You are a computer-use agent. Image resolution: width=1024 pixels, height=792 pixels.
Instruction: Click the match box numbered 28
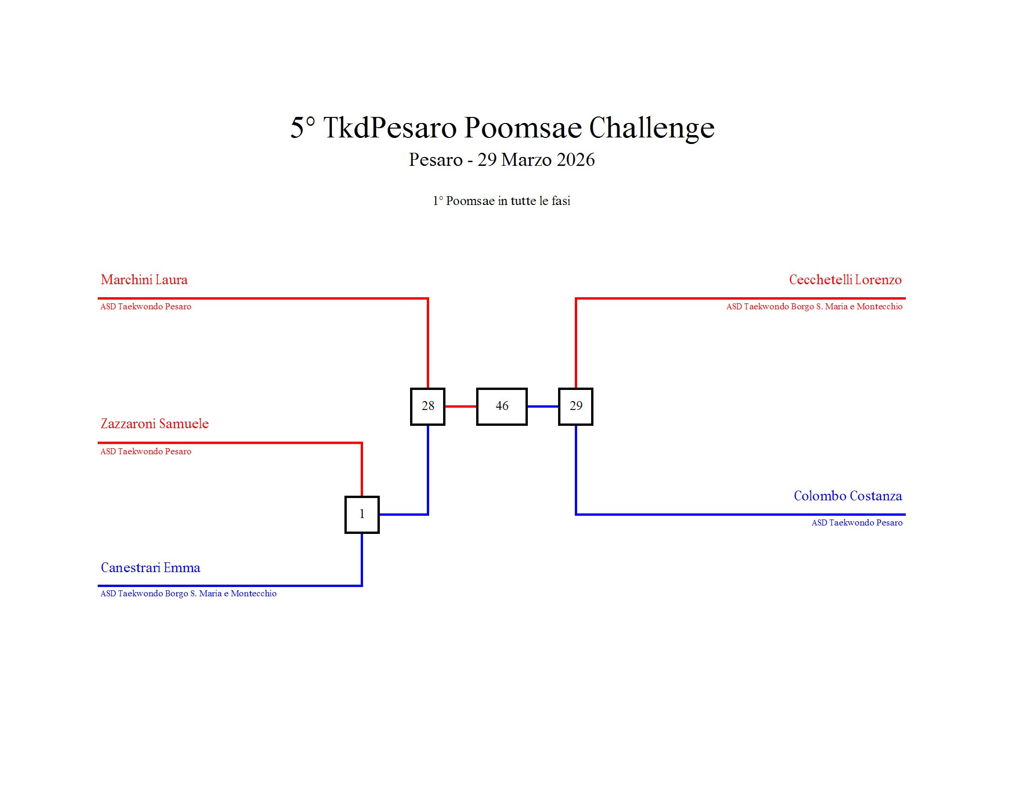[428, 406]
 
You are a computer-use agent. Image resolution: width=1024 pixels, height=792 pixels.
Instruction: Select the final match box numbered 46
[502, 406]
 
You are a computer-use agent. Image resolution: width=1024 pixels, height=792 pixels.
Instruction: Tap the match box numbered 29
[576, 406]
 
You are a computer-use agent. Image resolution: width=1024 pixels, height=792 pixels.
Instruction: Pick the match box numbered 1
[362, 515]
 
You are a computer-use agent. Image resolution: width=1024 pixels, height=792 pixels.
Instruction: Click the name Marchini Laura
[144, 280]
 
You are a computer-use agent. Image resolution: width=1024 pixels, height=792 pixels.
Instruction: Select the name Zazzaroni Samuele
[155, 423]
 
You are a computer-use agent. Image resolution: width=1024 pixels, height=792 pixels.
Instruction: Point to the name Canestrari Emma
[150, 568]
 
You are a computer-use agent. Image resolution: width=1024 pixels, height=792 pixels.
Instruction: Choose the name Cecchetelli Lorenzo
[845, 280]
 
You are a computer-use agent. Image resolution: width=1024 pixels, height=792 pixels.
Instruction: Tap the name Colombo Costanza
[848, 496]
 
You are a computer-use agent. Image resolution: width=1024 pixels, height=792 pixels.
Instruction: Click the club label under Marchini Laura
[146, 307]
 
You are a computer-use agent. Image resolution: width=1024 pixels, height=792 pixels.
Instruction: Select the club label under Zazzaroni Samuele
[146, 451]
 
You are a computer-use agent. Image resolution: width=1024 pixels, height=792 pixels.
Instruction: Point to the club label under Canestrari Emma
[189, 594]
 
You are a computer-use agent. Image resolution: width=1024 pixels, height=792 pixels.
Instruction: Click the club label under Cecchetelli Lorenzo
[814, 307]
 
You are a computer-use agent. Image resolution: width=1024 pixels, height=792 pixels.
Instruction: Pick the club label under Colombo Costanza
[856, 523]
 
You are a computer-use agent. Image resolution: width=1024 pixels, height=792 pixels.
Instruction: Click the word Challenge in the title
[652, 128]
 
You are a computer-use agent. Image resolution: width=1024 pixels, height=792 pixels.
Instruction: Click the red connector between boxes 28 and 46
[460, 406]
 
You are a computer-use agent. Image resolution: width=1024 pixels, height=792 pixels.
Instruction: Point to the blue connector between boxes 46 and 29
[543, 406]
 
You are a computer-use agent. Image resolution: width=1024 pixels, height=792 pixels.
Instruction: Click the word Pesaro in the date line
[436, 160]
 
